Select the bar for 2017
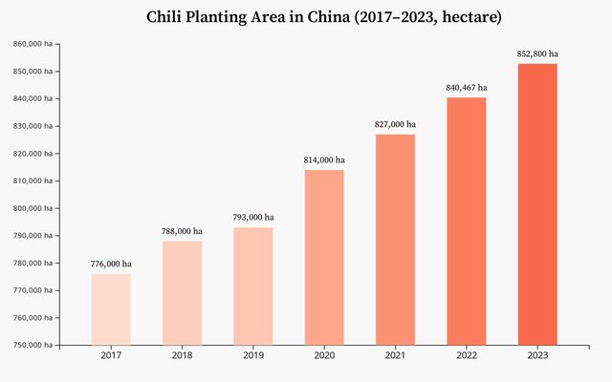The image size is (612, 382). coord(111,309)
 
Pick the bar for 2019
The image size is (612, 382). coord(253,286)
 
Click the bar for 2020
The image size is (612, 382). coord(324,258)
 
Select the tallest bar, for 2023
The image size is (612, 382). coord(537,204)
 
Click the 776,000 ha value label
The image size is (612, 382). coord(111,264)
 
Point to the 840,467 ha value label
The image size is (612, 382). coord(466,88)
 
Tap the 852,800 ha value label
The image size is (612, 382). coord(537,53)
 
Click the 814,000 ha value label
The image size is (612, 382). coord(324,159)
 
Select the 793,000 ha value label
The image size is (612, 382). coord(253,217)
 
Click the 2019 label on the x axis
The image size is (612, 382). coord(253,355)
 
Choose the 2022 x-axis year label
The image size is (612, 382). coord(466,355)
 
